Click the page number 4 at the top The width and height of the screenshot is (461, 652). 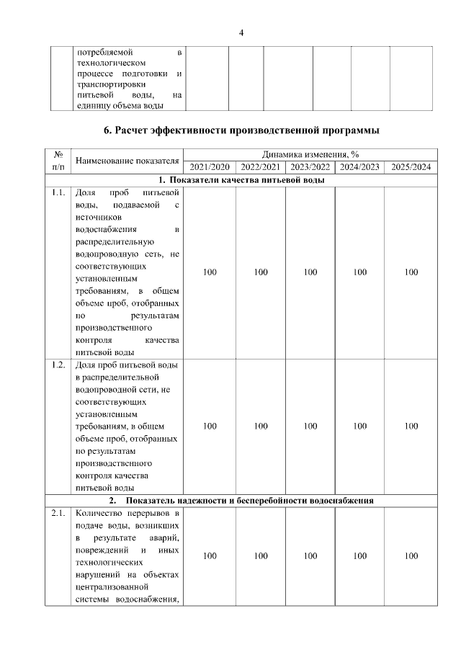(x=241, y=32)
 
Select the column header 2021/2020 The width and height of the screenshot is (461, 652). (x=210, y=166)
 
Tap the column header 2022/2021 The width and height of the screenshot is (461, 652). (x=260, y=166)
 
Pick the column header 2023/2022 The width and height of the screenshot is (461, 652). (x=310, y=166)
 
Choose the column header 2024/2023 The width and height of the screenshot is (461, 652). (x=360, y=166)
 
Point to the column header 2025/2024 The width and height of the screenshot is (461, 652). (x=411, y=166)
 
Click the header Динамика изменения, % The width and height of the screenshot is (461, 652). (x=310, y=153)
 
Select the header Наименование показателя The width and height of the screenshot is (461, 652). (x=127, y=160)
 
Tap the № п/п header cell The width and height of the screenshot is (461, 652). (x=58, y=160)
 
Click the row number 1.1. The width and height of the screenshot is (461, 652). (x=58, y=193)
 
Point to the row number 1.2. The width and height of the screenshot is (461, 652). (x=58, y=365)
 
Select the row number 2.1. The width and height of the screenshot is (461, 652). (x=58, y=514)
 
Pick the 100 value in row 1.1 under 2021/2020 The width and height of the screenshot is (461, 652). (x=210, y=272)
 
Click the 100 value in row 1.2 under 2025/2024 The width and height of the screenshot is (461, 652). (x=411, y=426)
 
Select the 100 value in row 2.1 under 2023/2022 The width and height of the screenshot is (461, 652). (x=310, y=555)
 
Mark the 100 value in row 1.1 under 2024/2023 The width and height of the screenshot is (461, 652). (x=360, y=272)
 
